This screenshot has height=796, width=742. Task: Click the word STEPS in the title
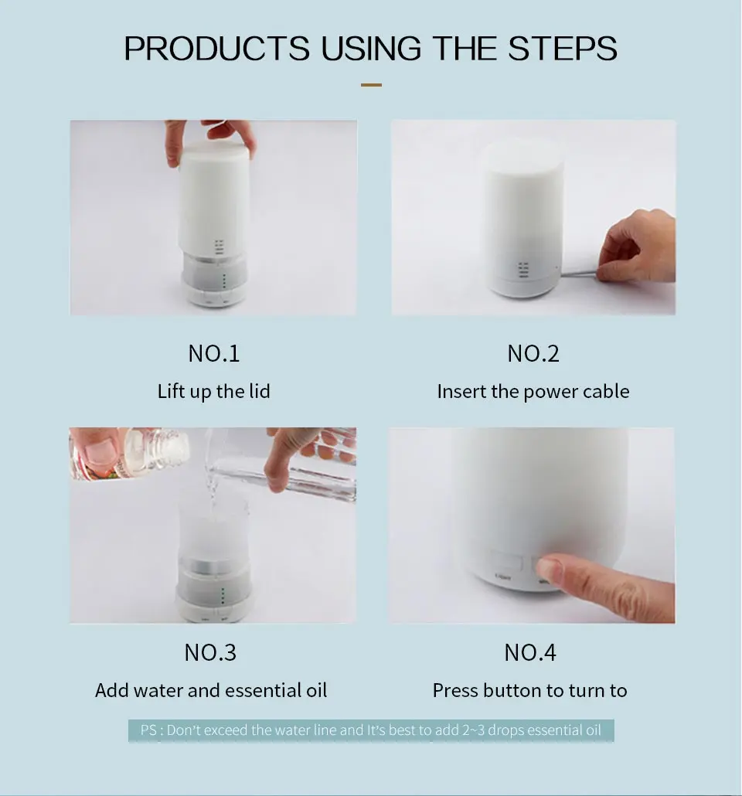[x=562, y=49]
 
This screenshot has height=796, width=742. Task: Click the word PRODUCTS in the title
[x=217, y=49]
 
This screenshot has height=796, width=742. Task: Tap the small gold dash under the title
[x=371, y=85]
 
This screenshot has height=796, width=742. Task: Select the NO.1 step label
[x=214, y=353]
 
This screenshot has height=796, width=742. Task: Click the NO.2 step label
[x=533, y=353]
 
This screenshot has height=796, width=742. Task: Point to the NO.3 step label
[x=210, y=652]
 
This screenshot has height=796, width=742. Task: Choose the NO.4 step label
[x=530, y=652]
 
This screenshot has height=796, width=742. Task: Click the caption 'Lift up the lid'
[x=214, y=391]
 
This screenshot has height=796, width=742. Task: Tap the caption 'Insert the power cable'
[x=533, y=391]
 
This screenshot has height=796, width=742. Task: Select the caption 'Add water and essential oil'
[x=211, y=690]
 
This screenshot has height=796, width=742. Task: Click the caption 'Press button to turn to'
[x=529, y=690]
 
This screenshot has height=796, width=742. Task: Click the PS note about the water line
[x=371, y=730]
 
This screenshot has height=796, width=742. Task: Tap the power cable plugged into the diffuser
[x=580, y=273]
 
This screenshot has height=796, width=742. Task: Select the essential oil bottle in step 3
[x=130, y=454]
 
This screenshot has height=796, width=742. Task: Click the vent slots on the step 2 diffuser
[x=523, y=270]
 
